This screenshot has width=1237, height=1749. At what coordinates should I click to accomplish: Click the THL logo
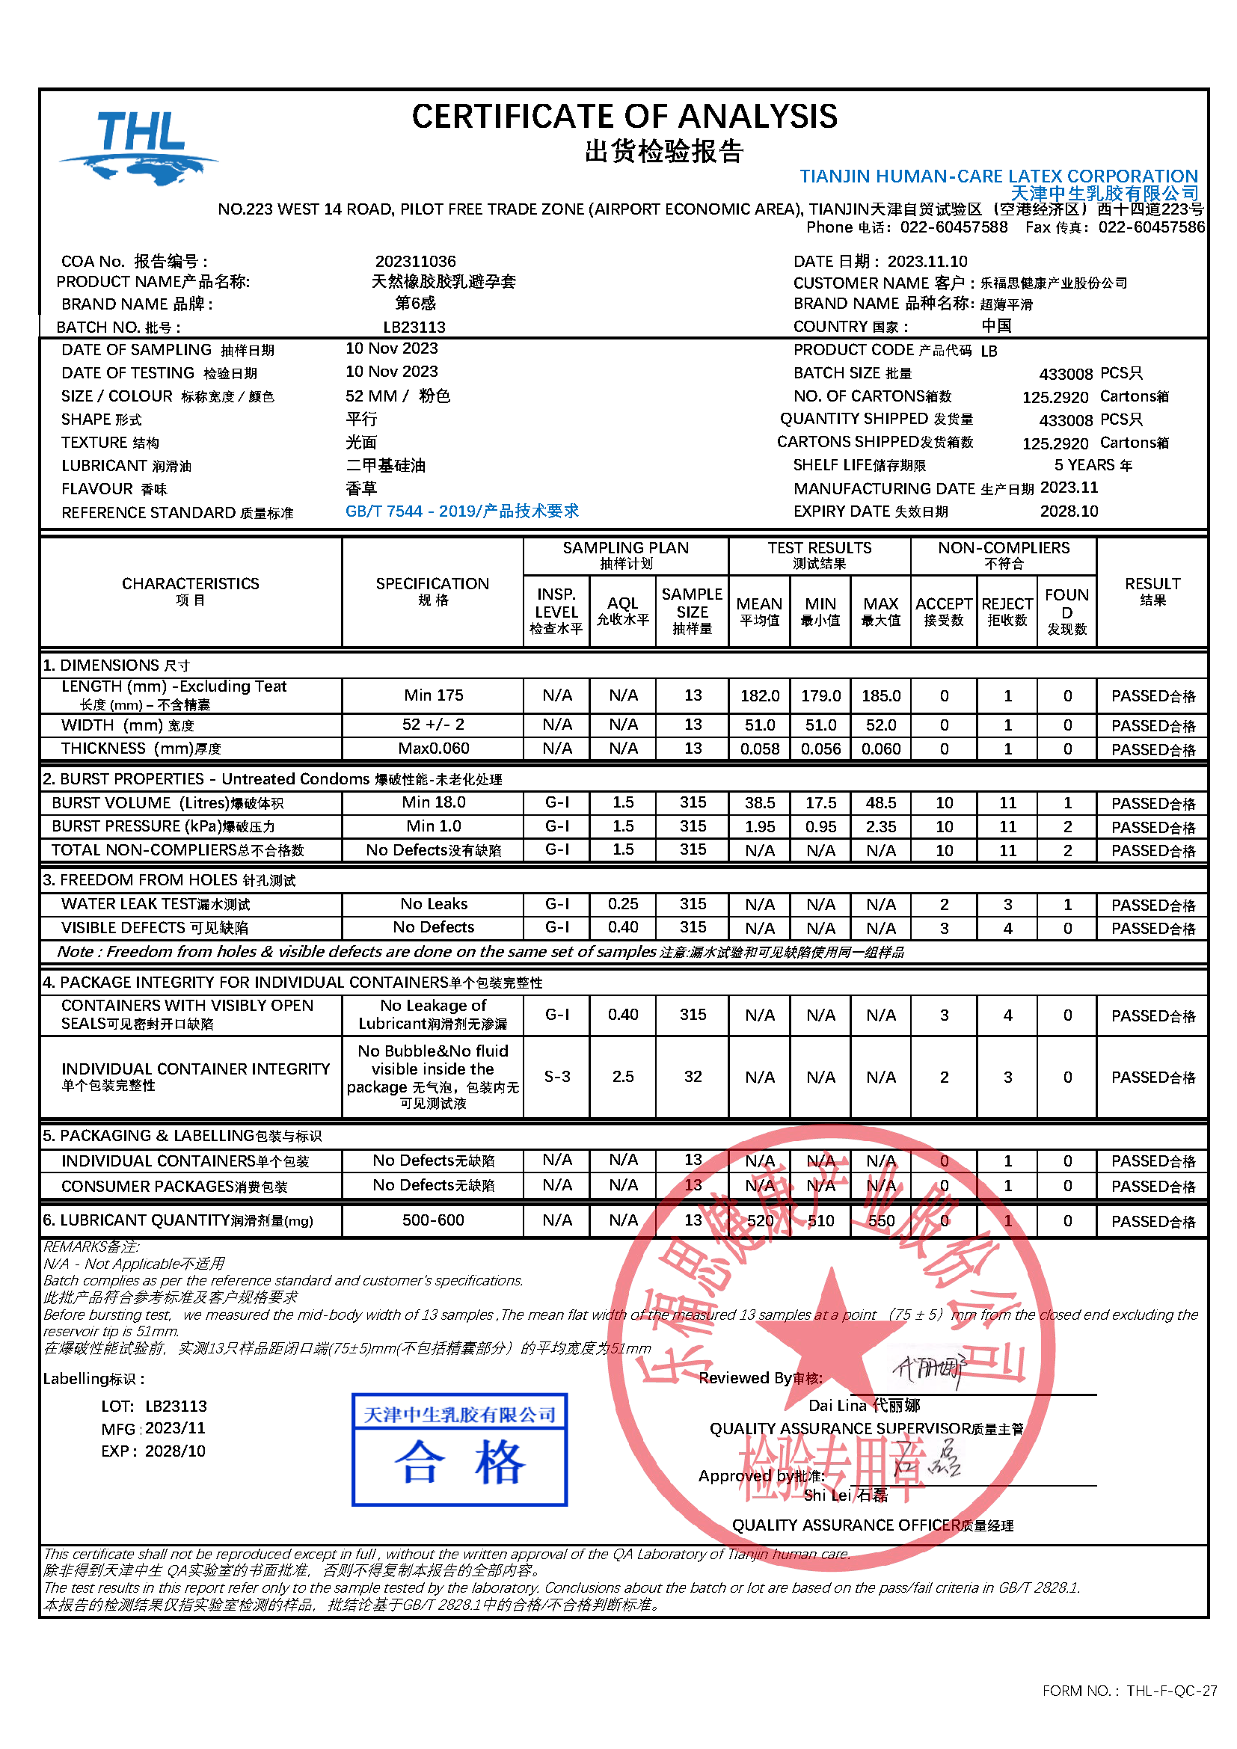[x=139, y=147]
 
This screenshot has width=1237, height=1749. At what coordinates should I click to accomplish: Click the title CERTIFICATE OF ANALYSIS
[x=624, y=117]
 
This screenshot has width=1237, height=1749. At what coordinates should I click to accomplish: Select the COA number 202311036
[x=415, y=261]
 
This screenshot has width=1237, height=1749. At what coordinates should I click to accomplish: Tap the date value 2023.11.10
[x=927, y=261]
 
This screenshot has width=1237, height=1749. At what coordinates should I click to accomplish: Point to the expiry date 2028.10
[x=1069, y=511]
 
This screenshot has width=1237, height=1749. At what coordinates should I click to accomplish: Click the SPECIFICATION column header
[x=432, y=591]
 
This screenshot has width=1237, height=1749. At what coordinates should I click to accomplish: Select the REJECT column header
[x=1007, y=611]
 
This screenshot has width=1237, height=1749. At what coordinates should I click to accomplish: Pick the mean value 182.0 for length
[x=759, y=695]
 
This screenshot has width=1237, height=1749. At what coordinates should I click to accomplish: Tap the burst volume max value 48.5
[x=880, y=803]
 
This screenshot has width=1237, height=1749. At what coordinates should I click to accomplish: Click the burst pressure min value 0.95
[x=820, y=826]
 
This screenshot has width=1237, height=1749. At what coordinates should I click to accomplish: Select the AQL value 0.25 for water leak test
[x=622, y=904]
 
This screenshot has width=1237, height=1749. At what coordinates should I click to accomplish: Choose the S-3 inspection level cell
[x=557, y=1076]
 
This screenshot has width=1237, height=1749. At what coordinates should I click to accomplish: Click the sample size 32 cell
[x=693, y=1076]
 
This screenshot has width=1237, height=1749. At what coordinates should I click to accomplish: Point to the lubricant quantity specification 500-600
[x=432, y=1220]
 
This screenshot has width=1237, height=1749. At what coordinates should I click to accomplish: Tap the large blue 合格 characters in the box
[x=459, y=1463]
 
